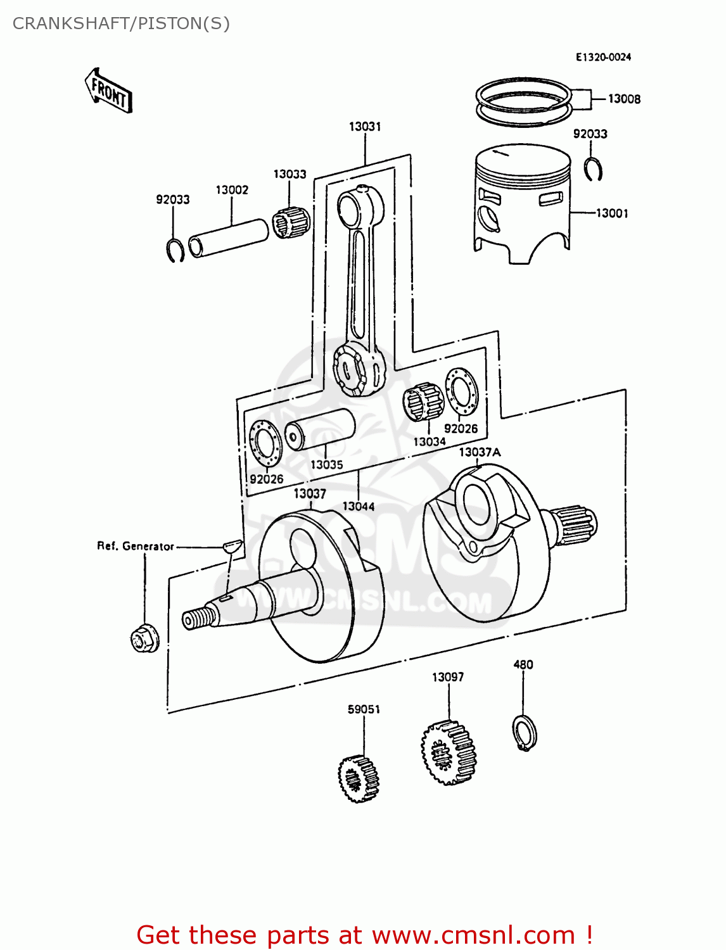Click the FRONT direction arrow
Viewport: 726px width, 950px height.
pyautogui.click(x=109, y=91)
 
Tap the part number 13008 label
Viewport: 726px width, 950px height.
pyautogui.click(x=623, y=99)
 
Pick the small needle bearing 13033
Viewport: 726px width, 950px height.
pyautogui.click(x=291, y=222)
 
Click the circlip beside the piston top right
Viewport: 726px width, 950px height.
pyautogui.click(x=594, y=168)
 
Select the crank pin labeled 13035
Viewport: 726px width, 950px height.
pyautogui.click(x=320, y=429)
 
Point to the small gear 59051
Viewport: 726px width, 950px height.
pyautogui.click(x=359, y=778)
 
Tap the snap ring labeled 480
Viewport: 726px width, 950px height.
pyautogui.click(x=524, y=733)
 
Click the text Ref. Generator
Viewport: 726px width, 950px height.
pyautogui.click(x=135, y=546)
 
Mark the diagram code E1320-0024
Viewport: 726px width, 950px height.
pyautogui.click(x=603, y=57)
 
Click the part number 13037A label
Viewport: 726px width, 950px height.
pyautogui.click(x=479, y=452)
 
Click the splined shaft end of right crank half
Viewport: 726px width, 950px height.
pyautogui.click(x=577, y=525)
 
